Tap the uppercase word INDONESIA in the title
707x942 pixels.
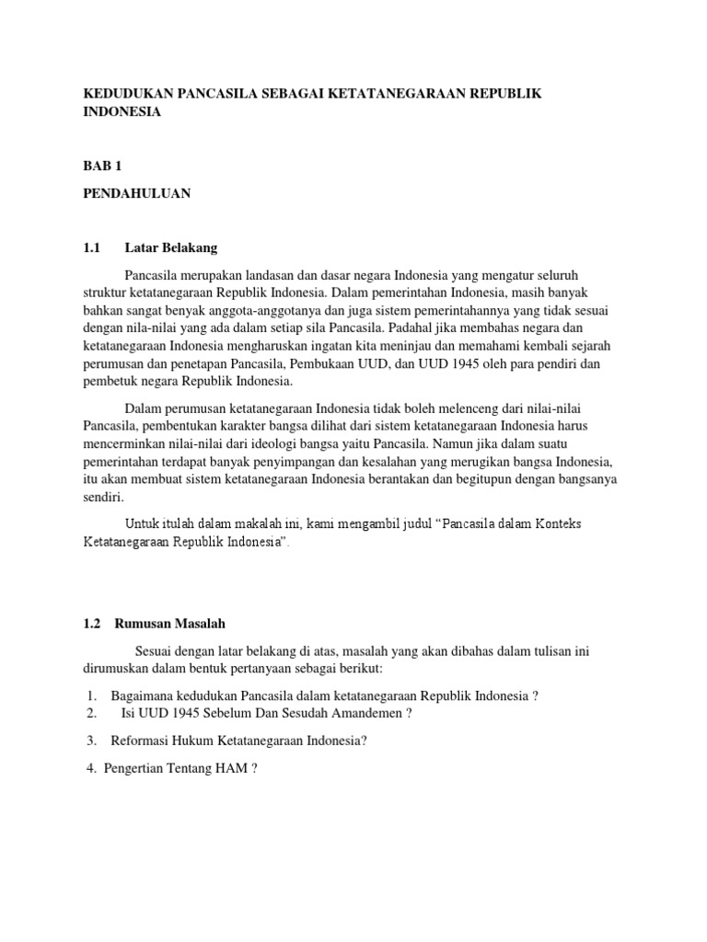[x=122, y=111]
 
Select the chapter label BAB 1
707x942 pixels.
[x=102, y=166]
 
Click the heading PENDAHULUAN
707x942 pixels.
[x=136, y=193]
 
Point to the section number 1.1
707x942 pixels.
[x=91, y=247]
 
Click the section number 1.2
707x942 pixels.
[x=91, y=623]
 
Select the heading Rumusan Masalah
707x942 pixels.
[x=170, y=623]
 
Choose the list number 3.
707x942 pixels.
[x=92, y=741]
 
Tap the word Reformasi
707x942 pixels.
[x=141, y=741]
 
